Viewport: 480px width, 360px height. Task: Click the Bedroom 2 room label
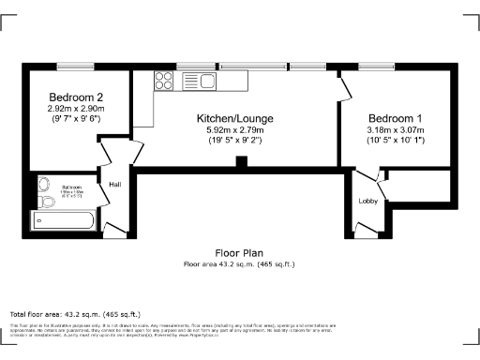click(x=76, y=97)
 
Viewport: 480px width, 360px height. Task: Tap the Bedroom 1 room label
click(x=395, y=118)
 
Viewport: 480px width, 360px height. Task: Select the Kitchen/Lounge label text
click(x=235, y=118)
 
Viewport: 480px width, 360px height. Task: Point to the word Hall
click(x=115, y=185)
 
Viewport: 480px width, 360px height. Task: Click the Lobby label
click(x=367, y=202)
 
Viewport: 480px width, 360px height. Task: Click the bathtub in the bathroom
click(x=63, y=221)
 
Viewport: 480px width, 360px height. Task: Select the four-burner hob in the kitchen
click(x=162, y=81)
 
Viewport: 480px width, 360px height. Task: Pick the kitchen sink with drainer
click(x=202, y=81)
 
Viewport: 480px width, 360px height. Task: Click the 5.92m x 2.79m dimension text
click(x=235, y=129)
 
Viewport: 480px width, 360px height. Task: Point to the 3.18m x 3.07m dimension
click(x=395, y=129)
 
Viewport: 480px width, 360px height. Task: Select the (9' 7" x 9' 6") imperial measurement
click(x=75, y=119)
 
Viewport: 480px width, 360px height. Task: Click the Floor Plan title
click(x=239, y=253)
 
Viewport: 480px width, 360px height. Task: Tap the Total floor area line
click(x=75, y=313)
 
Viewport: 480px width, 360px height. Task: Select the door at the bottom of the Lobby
click(x=363, y=227)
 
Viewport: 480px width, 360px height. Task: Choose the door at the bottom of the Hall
click(x=112, y=228)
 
